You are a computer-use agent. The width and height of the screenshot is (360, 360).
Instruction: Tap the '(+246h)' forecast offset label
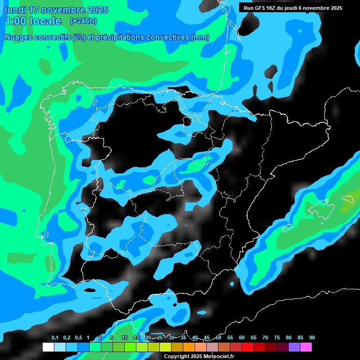(x=83, y=21)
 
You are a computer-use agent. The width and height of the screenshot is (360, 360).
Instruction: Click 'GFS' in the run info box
(x=260, y=8)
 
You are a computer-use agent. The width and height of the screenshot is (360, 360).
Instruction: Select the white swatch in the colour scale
(x=48, y=347)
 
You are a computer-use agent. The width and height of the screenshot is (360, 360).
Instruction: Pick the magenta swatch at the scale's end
(x=318, y=347)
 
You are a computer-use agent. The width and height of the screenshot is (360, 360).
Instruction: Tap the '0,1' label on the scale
(x=55, y=338)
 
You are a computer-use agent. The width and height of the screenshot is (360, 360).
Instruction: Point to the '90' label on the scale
(x=312, y=338)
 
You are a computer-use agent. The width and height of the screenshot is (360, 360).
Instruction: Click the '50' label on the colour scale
(x=218, y=338)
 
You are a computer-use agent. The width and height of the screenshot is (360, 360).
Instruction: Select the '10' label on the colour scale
(x=125, y=338)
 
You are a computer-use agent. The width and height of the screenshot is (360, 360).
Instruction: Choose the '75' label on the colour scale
(x=277, y=338)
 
